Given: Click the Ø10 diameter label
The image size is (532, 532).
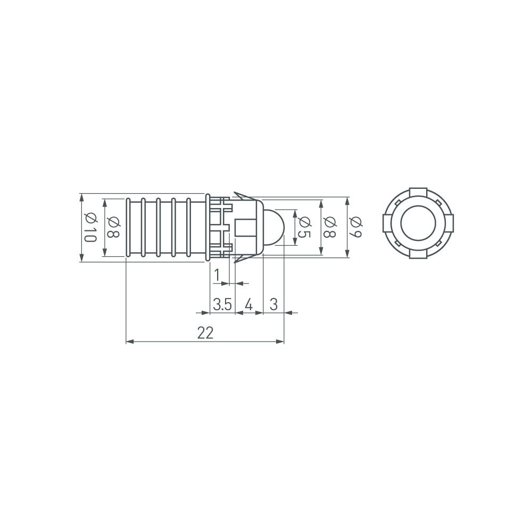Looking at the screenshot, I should (x=89, y=227).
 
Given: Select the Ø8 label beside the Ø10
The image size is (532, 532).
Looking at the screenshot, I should (x=113, y=227).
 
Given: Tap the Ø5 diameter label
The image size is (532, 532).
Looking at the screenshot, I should (x=304, y=227).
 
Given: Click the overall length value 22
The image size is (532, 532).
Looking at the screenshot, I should (x=205, y=333).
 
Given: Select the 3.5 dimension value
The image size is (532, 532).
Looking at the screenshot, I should (x=222, y=304).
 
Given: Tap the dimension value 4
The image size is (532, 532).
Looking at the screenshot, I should (x=248, y=304).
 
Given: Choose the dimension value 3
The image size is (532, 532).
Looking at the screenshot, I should (x=273, y=304).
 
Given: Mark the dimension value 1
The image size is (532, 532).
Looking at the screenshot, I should (x=217, y=275).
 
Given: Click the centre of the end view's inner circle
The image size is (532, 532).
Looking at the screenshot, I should (x=419, y=223).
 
